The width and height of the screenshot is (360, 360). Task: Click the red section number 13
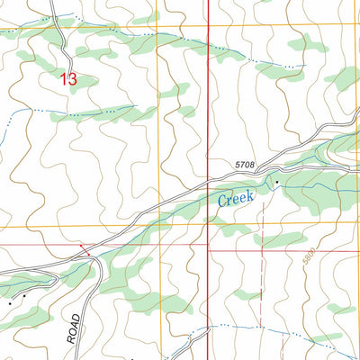point(68,79)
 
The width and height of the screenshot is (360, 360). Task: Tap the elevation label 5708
point(245,165)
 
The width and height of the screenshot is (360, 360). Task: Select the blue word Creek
point(237,198)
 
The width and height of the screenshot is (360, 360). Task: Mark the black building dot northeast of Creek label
point(277,183)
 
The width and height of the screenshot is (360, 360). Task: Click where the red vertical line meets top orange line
point(208,25)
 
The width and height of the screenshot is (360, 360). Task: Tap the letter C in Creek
point(222,201)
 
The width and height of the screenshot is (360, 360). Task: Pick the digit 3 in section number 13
point(73,79)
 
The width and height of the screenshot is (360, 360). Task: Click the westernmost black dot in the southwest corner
point(11,303)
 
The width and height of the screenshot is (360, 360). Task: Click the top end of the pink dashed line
point(262,202)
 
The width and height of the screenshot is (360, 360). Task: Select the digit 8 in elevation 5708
point(253,165)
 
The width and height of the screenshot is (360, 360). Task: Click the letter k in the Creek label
point(252,193)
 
